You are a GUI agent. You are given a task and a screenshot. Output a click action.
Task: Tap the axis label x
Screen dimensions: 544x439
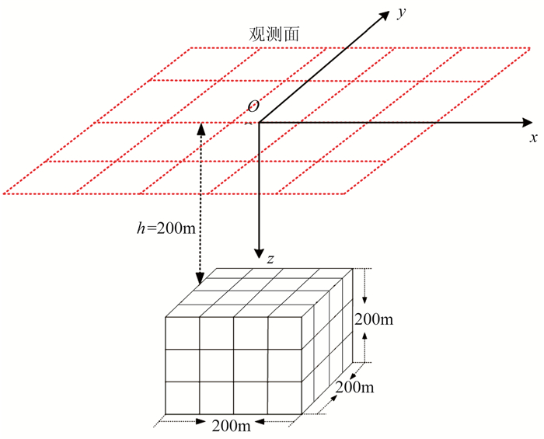(534, 138)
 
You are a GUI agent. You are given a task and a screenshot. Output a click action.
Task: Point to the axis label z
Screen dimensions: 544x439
(270, 260)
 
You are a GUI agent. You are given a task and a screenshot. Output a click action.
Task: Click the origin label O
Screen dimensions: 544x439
(253, 106)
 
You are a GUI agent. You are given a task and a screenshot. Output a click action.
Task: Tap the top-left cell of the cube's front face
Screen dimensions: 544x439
(183, 333)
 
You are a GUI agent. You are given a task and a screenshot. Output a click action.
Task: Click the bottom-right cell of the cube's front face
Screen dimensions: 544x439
(284, 398)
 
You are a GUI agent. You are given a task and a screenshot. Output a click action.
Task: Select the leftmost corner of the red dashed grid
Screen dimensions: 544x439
(5, 193)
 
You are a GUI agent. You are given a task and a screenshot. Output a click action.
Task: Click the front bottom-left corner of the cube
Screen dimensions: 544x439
(166, 414)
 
